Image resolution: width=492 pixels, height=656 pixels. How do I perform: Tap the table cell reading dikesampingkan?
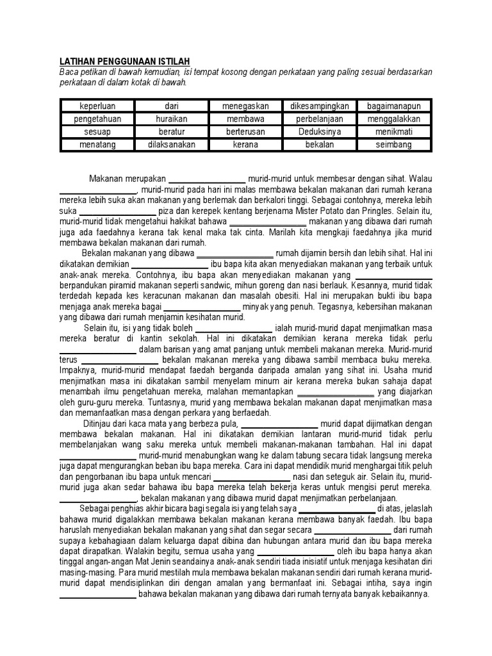[320, 106]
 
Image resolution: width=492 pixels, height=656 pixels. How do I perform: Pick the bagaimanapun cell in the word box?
[393, 106]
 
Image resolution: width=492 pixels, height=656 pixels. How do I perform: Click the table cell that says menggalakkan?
[393, 119]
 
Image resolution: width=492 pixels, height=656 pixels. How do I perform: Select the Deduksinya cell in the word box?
[320, 132]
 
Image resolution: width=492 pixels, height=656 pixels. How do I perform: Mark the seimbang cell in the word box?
[393, 145]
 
